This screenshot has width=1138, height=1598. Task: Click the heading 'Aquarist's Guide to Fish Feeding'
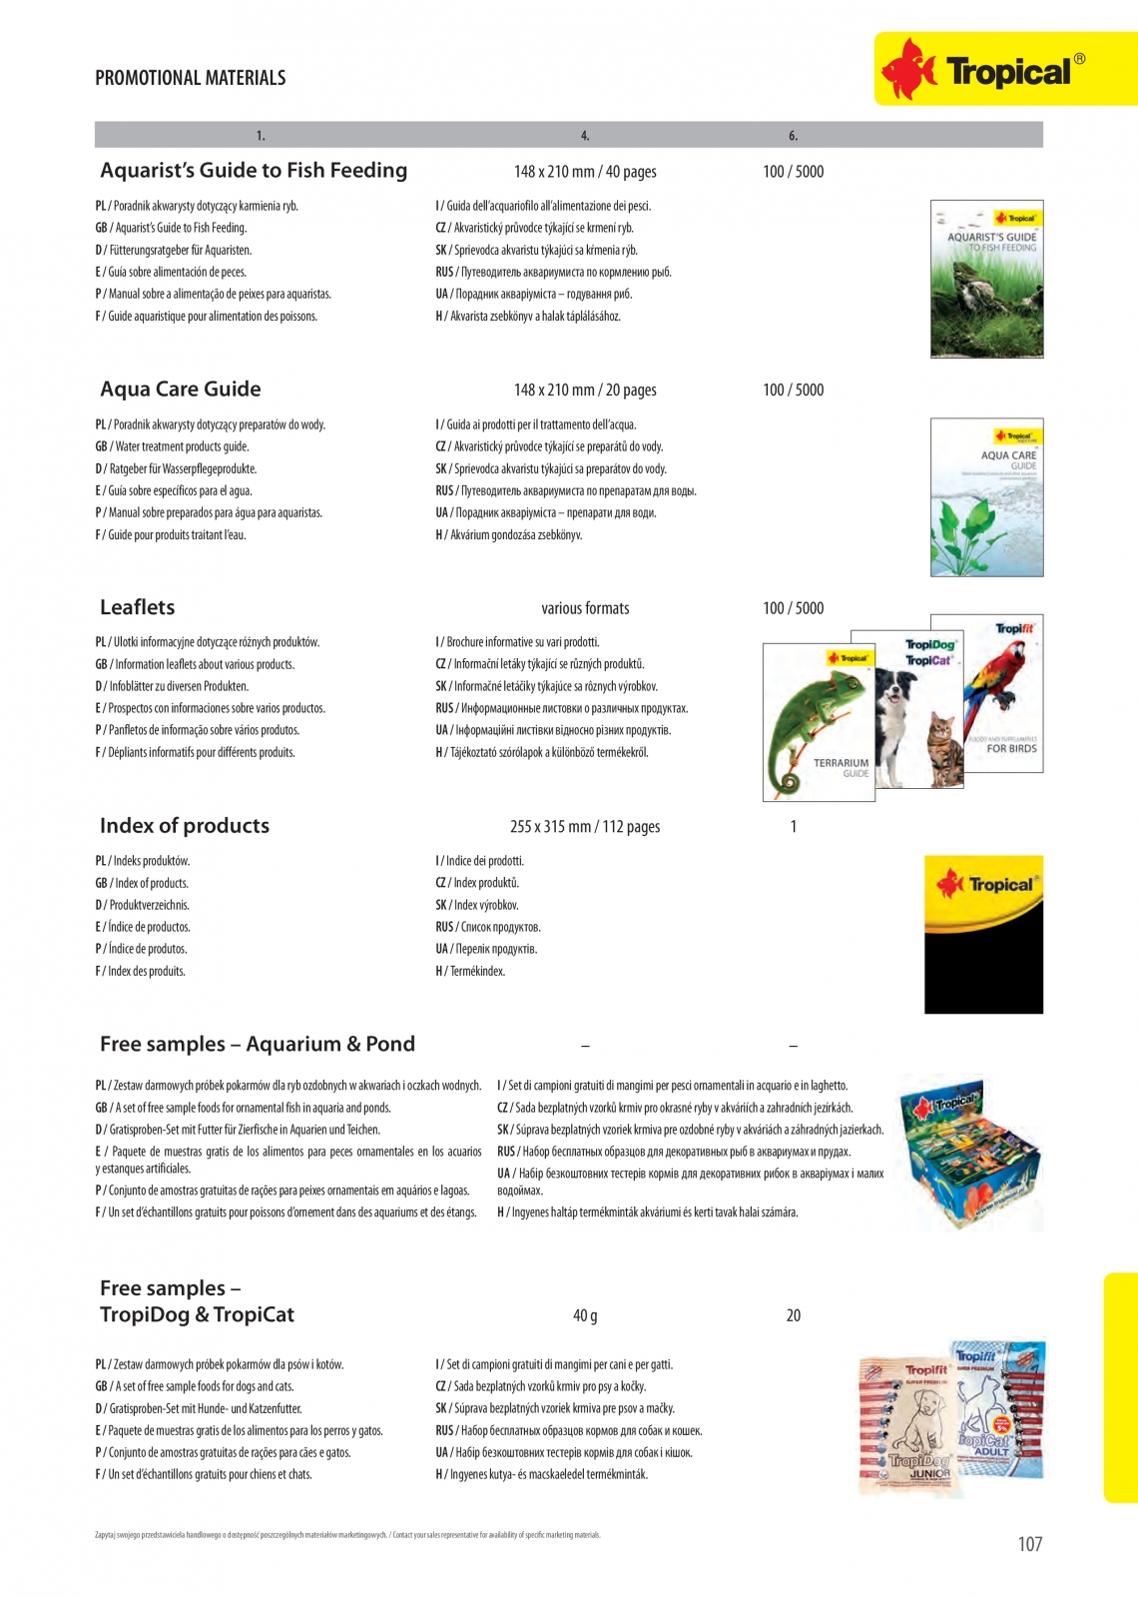tap(254, 171)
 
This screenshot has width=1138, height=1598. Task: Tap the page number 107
tap(1029, 1544)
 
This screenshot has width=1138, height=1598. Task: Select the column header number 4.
tap(585, 136)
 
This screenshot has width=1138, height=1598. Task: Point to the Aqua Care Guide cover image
tap(986, 497)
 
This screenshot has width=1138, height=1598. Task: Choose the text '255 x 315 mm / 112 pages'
tap(585, 827)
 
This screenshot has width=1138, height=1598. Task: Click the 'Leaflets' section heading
tap(138, 607)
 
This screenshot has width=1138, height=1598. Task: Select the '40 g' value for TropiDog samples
tap(585, 1315)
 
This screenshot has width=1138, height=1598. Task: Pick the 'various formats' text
tap(585, 608)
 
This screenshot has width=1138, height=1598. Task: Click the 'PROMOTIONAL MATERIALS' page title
tap(191, 78)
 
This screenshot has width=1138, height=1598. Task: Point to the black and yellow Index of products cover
tap(983, 935)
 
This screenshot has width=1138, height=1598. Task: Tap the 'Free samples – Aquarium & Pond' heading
tap(258, 1044)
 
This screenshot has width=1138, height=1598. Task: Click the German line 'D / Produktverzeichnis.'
tap(143, 905)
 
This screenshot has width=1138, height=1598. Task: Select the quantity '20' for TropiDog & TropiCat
tap(794, 1315)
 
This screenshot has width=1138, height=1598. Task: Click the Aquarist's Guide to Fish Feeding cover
tap(986, 280)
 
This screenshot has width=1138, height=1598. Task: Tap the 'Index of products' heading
tap(185, 826)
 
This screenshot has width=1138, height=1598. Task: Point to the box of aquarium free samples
tap(970, 1154)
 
